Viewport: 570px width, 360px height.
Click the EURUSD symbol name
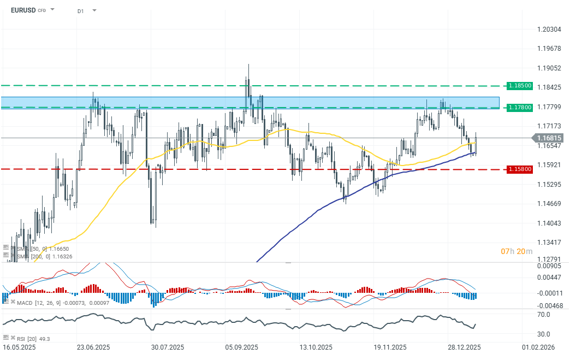[22, 10]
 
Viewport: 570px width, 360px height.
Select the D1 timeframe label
[80, 10]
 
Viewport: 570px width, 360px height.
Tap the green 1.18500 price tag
[519, 86]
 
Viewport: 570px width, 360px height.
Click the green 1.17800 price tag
[519, 107]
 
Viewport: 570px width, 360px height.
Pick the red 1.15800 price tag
[519, 169]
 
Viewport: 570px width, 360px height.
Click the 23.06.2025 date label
[93, 347]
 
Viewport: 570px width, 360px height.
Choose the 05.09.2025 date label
[242, 347]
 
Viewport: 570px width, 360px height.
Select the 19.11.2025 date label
[390, 347]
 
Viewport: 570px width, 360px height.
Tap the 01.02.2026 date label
[538, 347]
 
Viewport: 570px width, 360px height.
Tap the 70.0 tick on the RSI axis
[543, 315]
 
